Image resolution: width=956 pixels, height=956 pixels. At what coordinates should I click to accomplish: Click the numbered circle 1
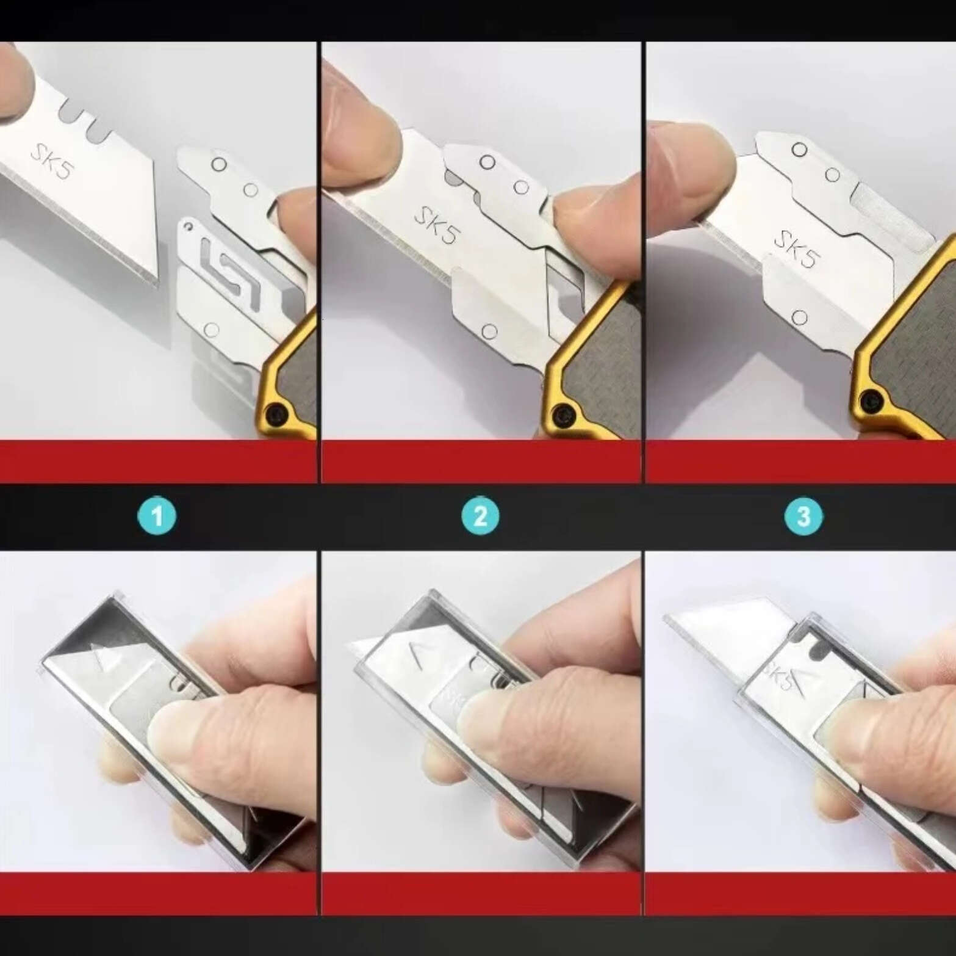[157, 516]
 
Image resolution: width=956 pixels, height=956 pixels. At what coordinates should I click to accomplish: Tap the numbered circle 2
[480, 516]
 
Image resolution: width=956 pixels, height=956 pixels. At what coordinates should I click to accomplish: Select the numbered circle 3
[803, 516]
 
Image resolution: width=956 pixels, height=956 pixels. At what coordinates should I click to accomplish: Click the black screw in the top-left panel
[280, 416]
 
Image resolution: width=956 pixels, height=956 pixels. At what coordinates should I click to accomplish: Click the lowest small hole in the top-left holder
[211, 330]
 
